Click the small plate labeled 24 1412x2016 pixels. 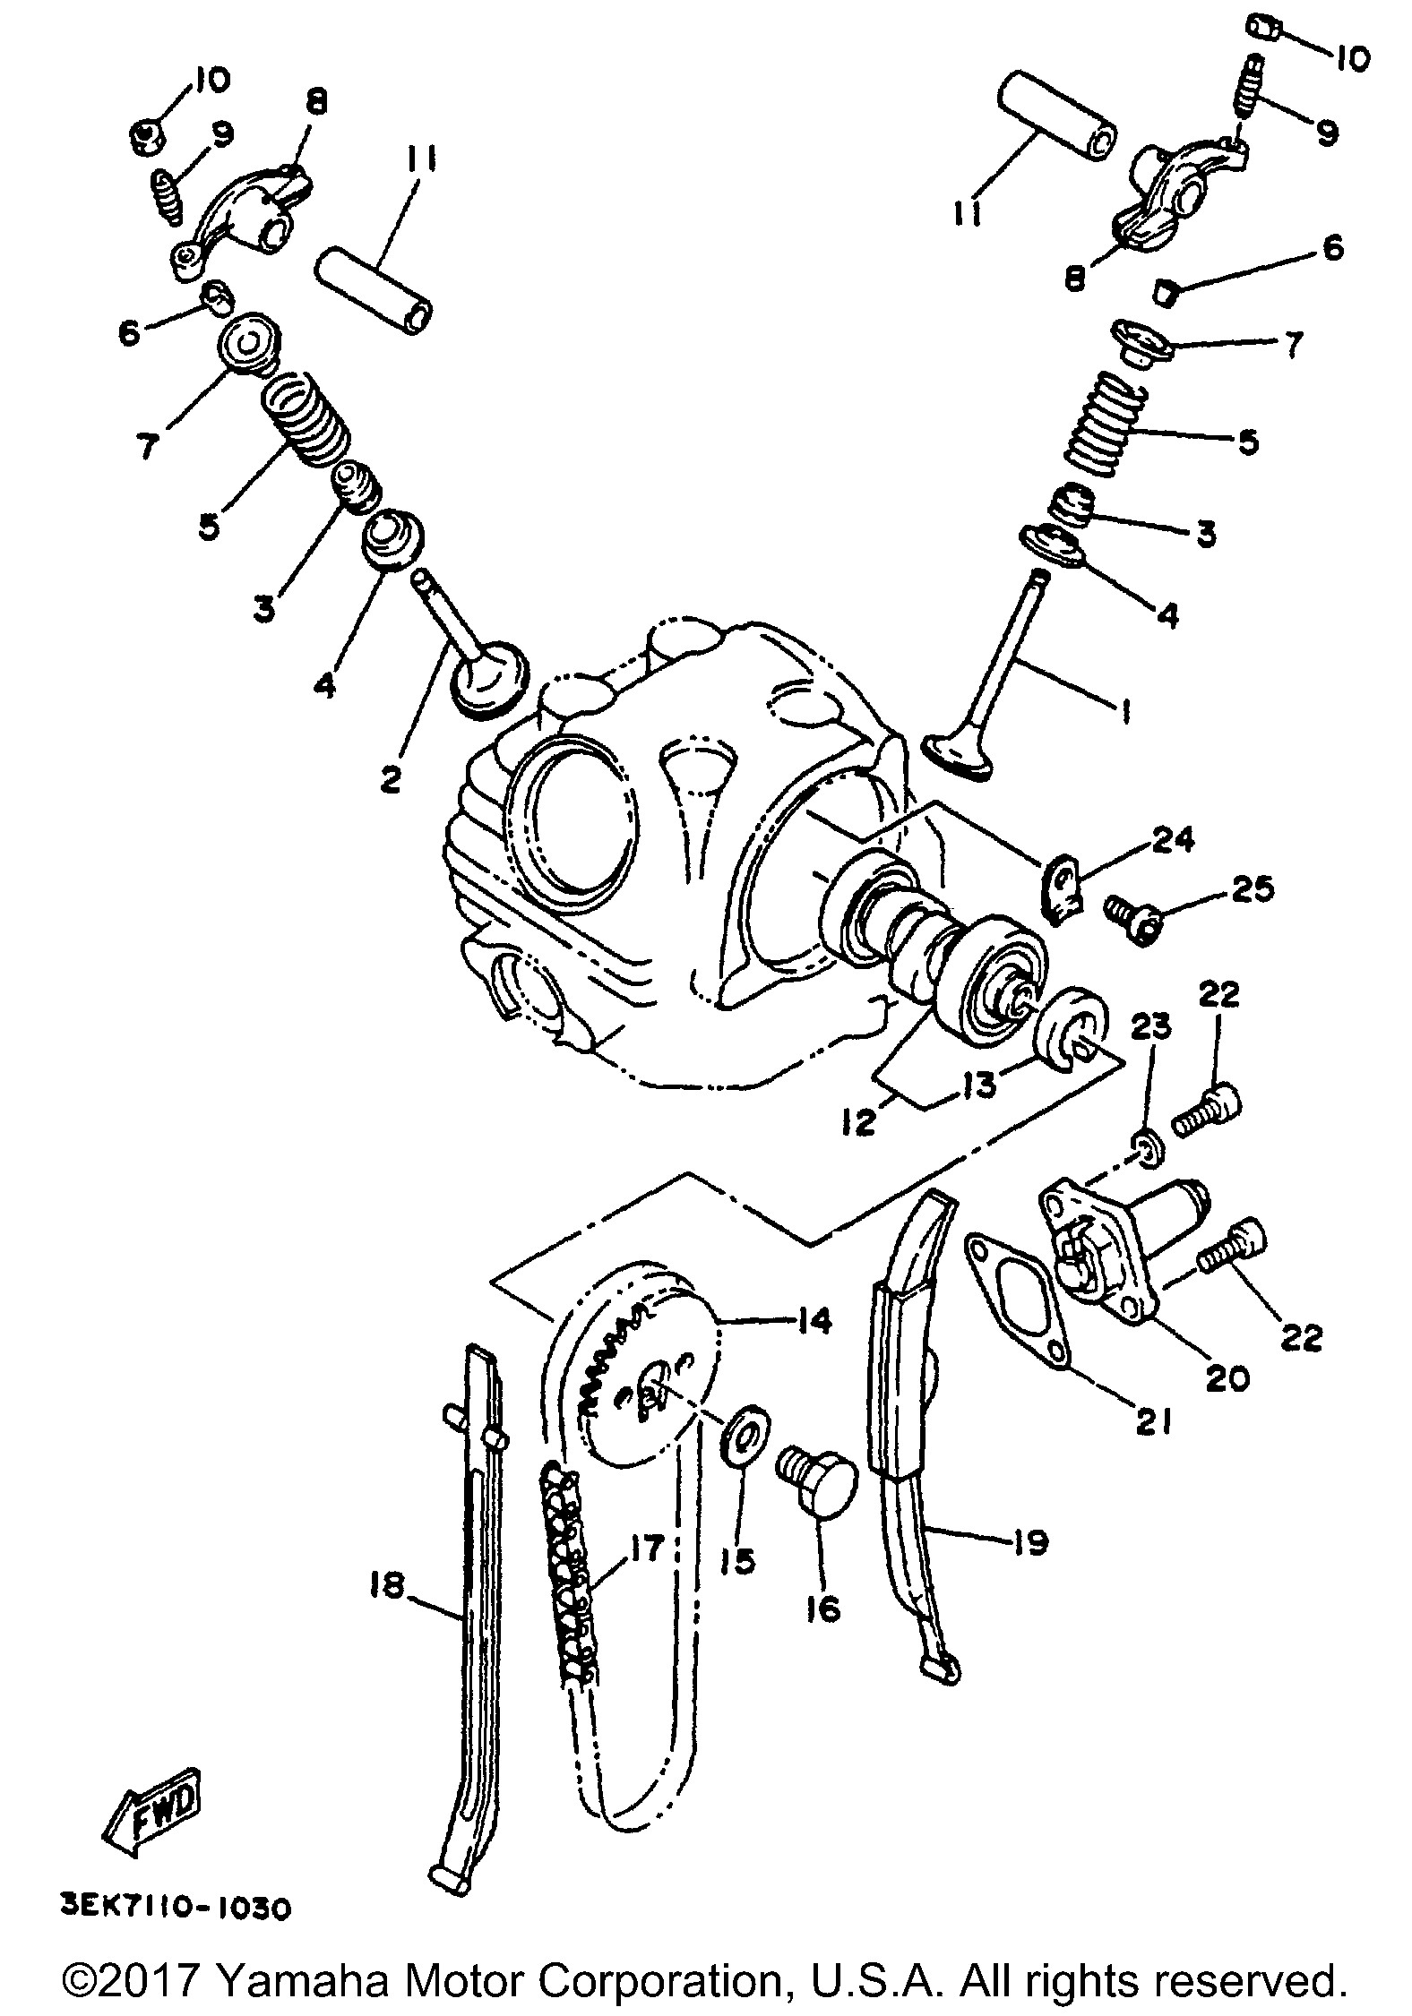coord(1063,888)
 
